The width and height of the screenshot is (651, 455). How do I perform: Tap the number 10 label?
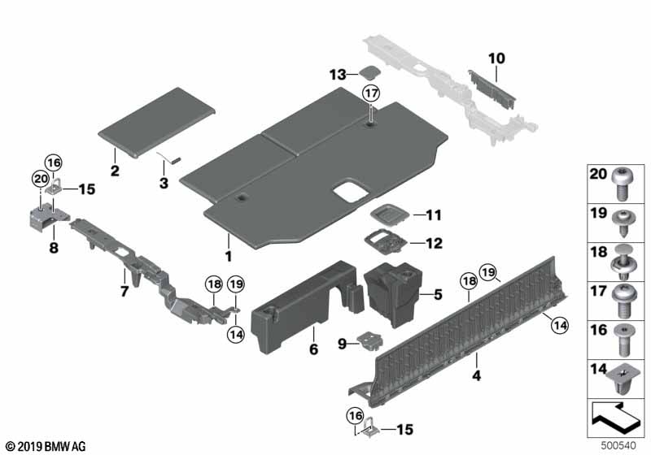click(496, 58)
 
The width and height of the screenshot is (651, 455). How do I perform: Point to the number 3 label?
click(164, 184)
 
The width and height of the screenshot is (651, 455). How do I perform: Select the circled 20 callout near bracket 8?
click(40, 180)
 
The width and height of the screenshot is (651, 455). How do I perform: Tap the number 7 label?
click(124, 290)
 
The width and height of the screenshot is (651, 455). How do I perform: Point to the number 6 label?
click(313, 349)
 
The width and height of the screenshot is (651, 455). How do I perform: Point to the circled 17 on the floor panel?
click(371, 93)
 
